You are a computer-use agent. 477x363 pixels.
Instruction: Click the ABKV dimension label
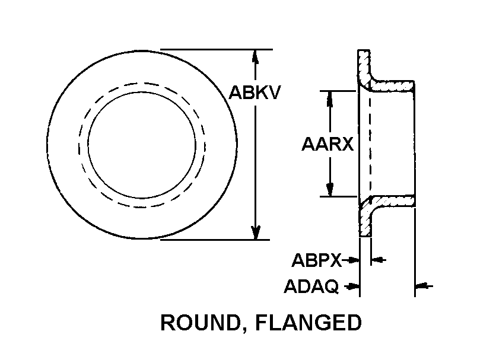click(x=254, y=93)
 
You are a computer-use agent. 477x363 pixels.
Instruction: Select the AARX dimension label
click(x=327, y=144)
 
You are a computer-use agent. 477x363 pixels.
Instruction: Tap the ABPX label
click(x=316, y=260)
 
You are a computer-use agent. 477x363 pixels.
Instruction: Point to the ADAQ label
click(x=311, y=286)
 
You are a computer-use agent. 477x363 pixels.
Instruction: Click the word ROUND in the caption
click(x=199, y=323)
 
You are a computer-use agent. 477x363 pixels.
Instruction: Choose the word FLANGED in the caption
click(x=308, y=323)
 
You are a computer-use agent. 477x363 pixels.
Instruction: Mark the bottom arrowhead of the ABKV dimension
click(x=256, y=233)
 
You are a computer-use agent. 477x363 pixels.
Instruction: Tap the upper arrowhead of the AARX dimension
click(x=329, y=98)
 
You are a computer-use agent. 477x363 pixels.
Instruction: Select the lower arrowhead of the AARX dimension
click(x=330, y=189)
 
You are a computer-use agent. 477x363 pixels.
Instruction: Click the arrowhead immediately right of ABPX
click(x=354, y=260)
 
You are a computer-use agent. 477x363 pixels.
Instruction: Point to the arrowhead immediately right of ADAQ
click(x=354, y=286)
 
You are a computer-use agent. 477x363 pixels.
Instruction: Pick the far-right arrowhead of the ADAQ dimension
click(x=422, y=286)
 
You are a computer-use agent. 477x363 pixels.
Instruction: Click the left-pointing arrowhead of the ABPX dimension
click(x=377, y=260)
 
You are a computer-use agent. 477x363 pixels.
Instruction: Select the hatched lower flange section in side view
click(x=365, y=216)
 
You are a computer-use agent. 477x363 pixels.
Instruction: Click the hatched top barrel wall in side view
click(x=392, y=86)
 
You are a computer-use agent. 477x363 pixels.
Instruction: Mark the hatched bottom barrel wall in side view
click(x=392, y=201)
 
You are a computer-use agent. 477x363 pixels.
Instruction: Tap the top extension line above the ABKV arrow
click(x=217, y=49)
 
